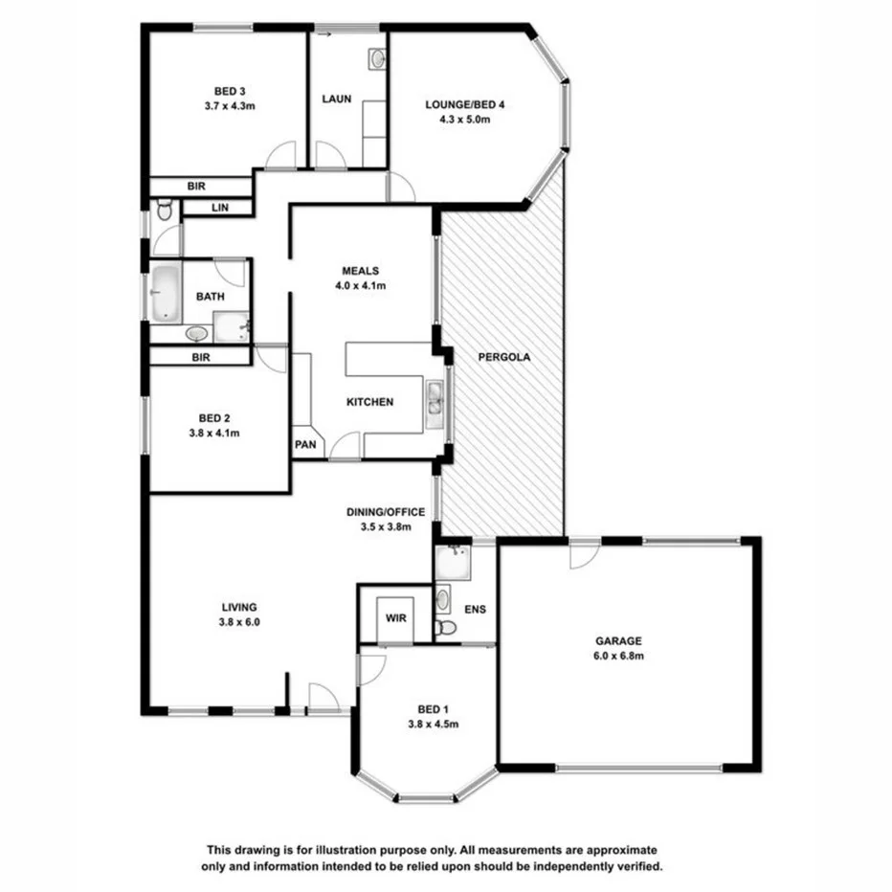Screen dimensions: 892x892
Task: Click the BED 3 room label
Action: click(x=229, y=92)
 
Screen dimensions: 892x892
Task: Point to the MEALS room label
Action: click(x=361, y=271)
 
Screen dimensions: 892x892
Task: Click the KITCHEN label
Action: click(x=369, y=402)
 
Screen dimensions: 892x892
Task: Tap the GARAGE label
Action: click(x=618, y=641)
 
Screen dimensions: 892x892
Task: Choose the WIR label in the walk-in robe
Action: click(x=396, y=618)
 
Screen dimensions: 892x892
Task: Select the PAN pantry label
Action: click(x=306, y=444)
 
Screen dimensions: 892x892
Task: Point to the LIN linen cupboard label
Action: click(x=218, y=207)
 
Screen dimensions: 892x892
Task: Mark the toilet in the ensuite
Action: click(x=445, y=628)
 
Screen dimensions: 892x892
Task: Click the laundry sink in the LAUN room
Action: click(x=376, y=59)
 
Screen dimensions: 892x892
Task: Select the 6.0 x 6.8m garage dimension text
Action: click(x=618, y=656)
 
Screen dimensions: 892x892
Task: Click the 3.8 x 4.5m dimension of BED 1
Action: click(x=434, y=724)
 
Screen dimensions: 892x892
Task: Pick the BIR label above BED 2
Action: click(x=200, y=357)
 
